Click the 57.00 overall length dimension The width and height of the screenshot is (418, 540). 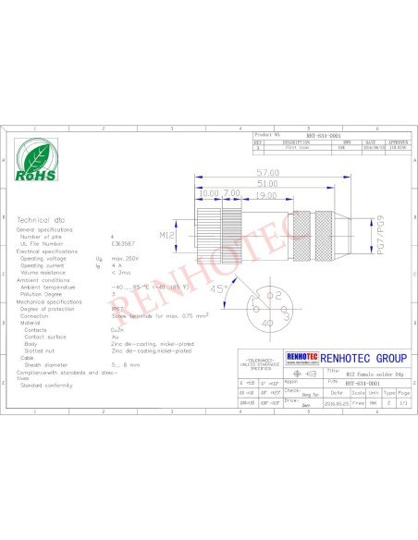(x=268, y=174)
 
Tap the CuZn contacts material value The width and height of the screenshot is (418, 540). (x=117, y=328)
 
